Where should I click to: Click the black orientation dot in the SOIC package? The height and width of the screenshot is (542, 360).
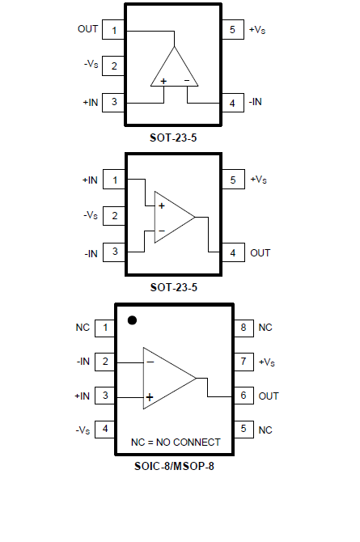coord(132,320)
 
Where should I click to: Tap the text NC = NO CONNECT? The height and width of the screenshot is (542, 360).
coord(176,442)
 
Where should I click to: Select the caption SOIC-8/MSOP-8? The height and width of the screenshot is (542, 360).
coord(174,466)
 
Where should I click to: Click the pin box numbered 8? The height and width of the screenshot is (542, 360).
coord(244,327)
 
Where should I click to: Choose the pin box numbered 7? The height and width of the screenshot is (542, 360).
coord(244,362)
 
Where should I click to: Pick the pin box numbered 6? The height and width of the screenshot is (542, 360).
coord(244,396)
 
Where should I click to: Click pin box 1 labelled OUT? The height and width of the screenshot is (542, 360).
coord(114,30)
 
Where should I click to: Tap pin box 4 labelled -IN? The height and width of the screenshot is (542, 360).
coord(232,103)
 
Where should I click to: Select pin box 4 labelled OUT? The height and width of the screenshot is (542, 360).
coord(233,252)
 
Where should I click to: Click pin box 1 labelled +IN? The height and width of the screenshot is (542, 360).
coord(114,180)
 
